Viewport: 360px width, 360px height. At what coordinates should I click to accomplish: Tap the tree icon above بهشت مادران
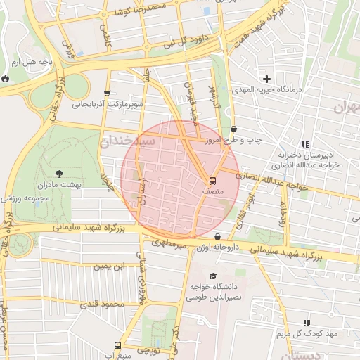pyautogui.click(x=58, y=172)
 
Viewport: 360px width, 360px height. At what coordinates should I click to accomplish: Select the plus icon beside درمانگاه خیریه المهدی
pyautogui.click(x=266, y=79)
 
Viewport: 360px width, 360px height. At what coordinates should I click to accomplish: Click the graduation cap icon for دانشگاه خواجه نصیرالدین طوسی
pyautogui.click(x=213, y=275)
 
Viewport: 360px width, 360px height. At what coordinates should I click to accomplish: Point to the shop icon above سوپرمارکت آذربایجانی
pyautogui.click(x=107, y=93)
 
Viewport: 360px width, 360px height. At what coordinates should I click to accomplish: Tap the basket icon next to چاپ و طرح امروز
pyautogui.click(x=233, y=129)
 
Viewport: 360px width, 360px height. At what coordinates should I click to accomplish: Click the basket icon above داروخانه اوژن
pyautogui.click(x=217, y=237)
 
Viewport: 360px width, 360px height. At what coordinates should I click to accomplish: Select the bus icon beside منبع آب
pyautogui.click(x=117, y=345)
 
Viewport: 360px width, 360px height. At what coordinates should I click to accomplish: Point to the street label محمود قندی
pyautogui.click(x=103, y=304)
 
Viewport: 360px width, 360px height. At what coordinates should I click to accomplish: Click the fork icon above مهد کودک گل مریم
pyautogui.click(x=307, y=321)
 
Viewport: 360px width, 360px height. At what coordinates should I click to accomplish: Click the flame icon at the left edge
pyautogui.click(x=5, y=79)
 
